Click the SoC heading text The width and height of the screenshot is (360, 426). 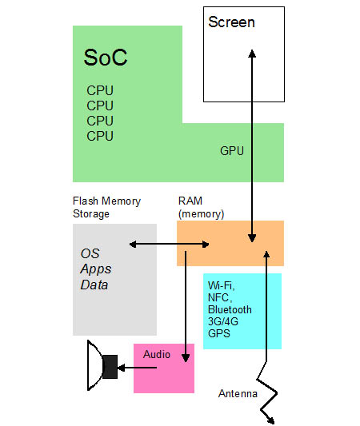[106, 58]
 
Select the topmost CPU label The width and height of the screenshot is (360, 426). [100, 90]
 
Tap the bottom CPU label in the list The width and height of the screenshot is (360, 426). [100, 136]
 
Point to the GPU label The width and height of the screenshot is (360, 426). [232, 151]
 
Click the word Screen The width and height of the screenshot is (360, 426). [232, 22]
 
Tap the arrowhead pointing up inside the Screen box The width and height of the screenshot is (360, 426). [252, 54]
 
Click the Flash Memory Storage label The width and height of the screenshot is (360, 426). [107, 207]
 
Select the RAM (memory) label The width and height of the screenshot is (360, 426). [202, 207]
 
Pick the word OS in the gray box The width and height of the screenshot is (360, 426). [90, 253]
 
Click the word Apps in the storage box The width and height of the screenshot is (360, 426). [96, 269]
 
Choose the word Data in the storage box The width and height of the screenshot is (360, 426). [94, 285]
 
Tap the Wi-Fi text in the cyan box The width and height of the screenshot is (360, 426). [221, 286]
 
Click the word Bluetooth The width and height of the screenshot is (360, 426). [230, 310]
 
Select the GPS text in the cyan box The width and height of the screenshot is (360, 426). [219, 333]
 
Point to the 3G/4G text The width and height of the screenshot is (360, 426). [223, 321]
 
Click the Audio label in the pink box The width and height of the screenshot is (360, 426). [157, 354]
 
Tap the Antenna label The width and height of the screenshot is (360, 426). [238, 393]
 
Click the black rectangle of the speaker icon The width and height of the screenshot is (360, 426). [110, 367]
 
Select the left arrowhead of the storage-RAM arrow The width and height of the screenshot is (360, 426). [133, 245]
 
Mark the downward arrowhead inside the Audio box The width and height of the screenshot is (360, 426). [186, 358]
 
